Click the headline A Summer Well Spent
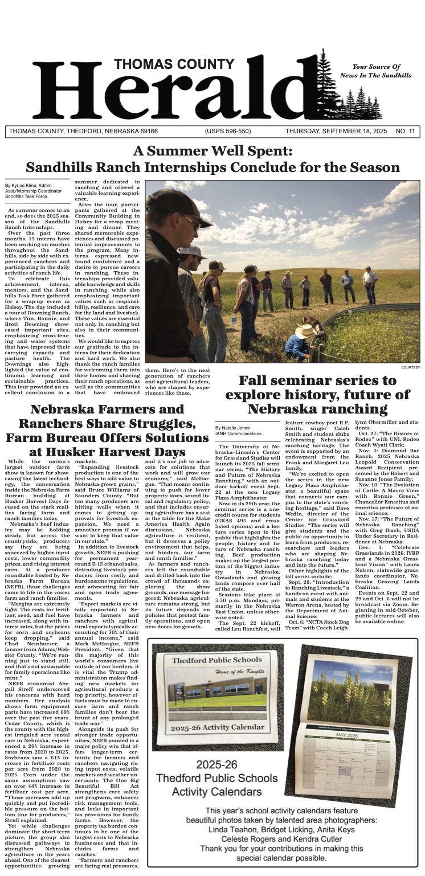point(212,152)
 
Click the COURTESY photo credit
point(410,367)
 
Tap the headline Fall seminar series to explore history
point(317,394)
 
